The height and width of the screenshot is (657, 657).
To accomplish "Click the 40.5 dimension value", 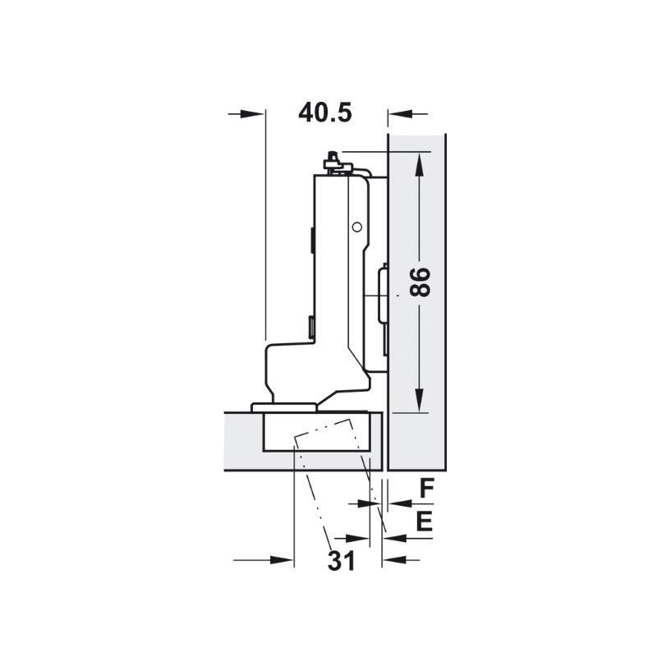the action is pyautogui.click(x=325, y=113).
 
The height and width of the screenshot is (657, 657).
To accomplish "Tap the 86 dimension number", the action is pyautogui.click(x=420, y=283).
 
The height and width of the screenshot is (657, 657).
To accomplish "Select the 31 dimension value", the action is pyautogui.click(x=342, y=561).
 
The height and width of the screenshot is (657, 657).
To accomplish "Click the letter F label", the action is pyautogui.click(x=426, y=488).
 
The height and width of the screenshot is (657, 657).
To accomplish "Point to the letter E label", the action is pyautogui.click(x=424, y=521).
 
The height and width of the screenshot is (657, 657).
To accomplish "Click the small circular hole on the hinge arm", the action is pyautogui.click(x=357, y=227).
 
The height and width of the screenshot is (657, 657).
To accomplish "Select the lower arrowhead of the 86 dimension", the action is pyautogui.click(x=419, y=400).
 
